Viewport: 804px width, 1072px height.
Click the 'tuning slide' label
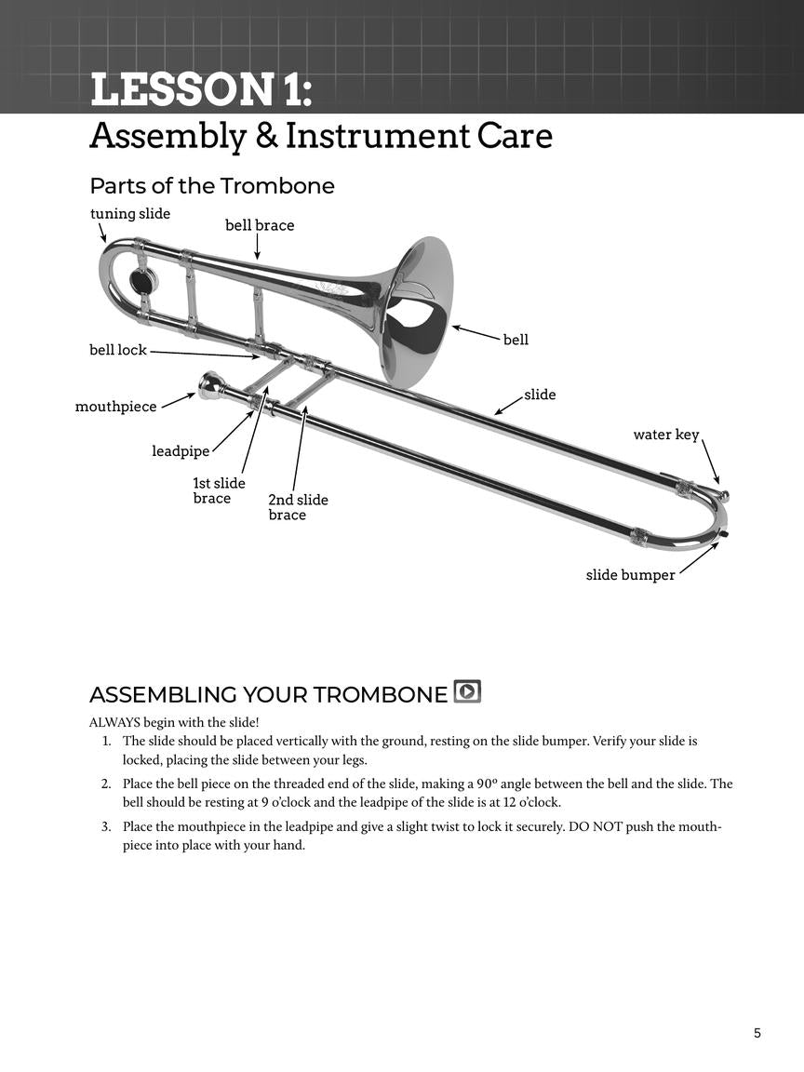(x=130, y=214)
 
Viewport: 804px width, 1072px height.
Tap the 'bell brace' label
(x=260, y=225)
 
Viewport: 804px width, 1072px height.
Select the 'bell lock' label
(x=118, y=350)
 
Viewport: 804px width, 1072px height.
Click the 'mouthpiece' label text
(x=115, y=407)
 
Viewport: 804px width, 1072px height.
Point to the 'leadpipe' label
(x=181, y=451)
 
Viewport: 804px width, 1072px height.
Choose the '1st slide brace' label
(x=219, y=490)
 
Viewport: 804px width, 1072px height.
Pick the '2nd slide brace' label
(x=298, y=507)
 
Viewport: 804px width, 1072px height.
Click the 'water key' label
(x=665, y=435)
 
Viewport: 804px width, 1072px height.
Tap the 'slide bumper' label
(x=630, y=575)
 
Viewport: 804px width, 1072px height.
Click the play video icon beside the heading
(x=467, y=691)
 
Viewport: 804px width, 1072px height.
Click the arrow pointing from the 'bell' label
(x=476, y=332)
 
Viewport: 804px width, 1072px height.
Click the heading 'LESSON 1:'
(x=200, y=91)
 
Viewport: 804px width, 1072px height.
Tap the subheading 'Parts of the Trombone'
(x=212, y=186)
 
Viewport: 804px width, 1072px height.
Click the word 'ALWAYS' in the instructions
(x=114, y=722)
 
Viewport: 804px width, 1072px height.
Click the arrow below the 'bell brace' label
(x=257, y=247)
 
